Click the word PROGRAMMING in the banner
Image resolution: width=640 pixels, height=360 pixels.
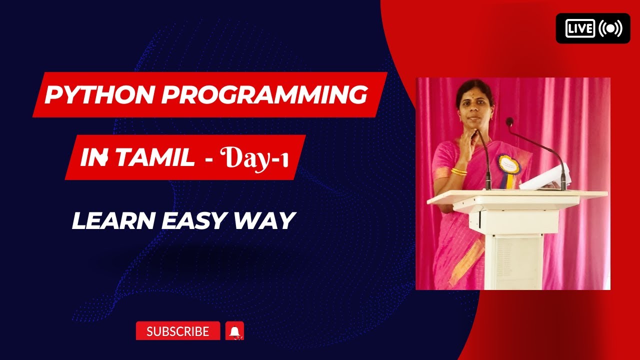[263, 94]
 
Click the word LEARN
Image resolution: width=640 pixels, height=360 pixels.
[113, 220]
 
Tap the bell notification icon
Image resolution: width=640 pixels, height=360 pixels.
[234, 331]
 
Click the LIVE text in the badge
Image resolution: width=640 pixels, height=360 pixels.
[580, 28]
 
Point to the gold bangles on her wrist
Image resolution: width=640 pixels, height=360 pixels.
[458, 171]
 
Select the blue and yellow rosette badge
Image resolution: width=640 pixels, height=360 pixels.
[508, 166]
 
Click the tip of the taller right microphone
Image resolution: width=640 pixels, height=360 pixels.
[509, 121]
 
